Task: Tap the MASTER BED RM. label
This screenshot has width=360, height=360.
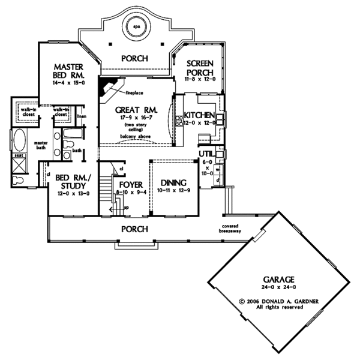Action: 69,71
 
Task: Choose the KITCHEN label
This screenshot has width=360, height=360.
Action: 200,115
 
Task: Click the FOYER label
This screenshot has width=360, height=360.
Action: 130,184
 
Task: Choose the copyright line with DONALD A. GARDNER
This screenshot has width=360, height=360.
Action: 275,300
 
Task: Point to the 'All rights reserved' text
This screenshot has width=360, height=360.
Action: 276,307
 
